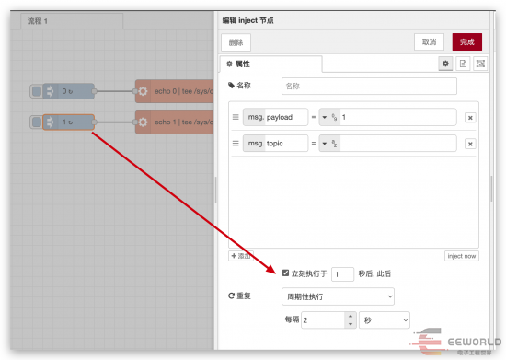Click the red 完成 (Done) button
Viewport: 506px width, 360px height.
coord(466,41)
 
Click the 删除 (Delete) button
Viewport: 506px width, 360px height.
coord(236,41)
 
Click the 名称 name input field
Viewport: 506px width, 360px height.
coord(368,86)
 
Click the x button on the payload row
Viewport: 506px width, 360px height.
coord(469,118)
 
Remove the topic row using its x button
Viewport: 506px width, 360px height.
coord(469,144)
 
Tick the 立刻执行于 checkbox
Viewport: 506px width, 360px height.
coord(286,273)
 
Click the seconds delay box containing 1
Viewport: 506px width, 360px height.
coord(342,273)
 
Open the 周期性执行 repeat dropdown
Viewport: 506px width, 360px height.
coord(338,296)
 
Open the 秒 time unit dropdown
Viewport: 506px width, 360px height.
coord(385,319)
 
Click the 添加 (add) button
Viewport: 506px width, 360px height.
coord(241,256)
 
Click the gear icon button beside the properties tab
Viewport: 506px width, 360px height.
coord(445,64)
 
